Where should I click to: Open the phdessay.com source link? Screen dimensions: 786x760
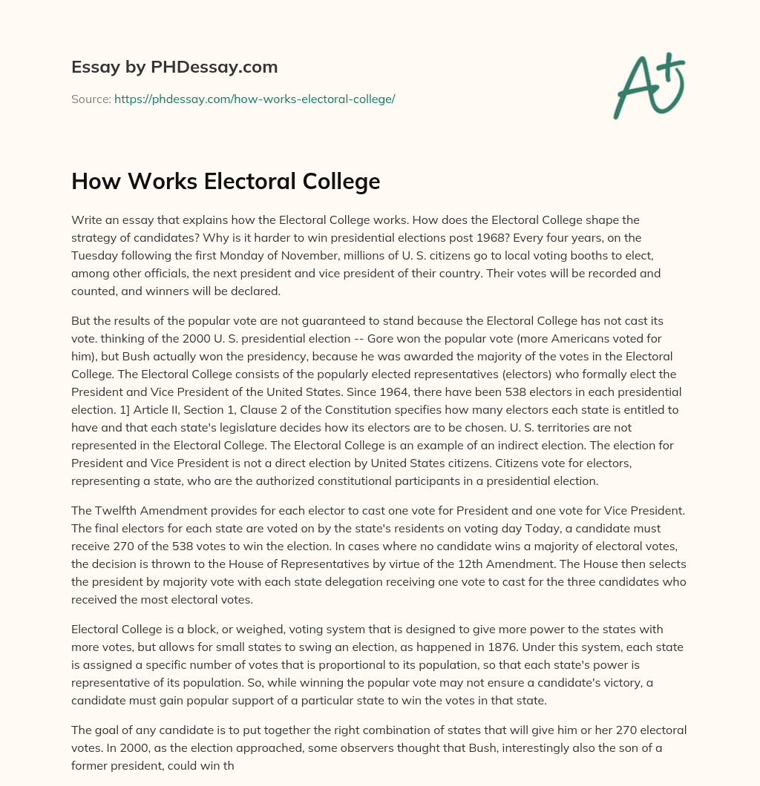(x=255, y=99)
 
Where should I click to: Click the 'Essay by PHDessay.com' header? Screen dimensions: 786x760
(x=174, y=67)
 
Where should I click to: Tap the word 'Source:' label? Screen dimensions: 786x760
(x=91, y=99)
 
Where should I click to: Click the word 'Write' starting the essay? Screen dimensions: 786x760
(x=88, y=220)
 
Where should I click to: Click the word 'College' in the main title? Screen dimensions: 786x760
(x=340, y=182)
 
